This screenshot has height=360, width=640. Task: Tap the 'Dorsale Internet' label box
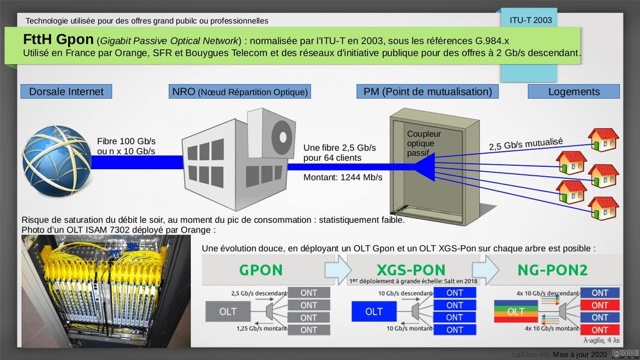coord(66,92)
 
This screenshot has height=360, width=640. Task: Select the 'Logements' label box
coord(573,92)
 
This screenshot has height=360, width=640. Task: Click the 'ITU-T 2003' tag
coord(530,20)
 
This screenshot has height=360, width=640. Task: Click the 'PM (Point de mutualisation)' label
coord(427,92)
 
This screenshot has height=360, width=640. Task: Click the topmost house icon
coord(603,139)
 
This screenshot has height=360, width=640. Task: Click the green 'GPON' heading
coord(261,270)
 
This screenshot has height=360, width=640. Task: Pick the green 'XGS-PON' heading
coord(412,270)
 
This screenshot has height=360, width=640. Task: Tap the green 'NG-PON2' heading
coord(552,270)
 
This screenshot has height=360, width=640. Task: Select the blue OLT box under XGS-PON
coord(373,312)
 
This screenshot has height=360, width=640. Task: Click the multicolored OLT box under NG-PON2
coord(516,312)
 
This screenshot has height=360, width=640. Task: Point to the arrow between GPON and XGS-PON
coord(338,270)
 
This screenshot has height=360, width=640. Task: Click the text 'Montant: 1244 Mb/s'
coord(343,177)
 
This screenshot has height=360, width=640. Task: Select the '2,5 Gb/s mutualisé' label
coord(525,144)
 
